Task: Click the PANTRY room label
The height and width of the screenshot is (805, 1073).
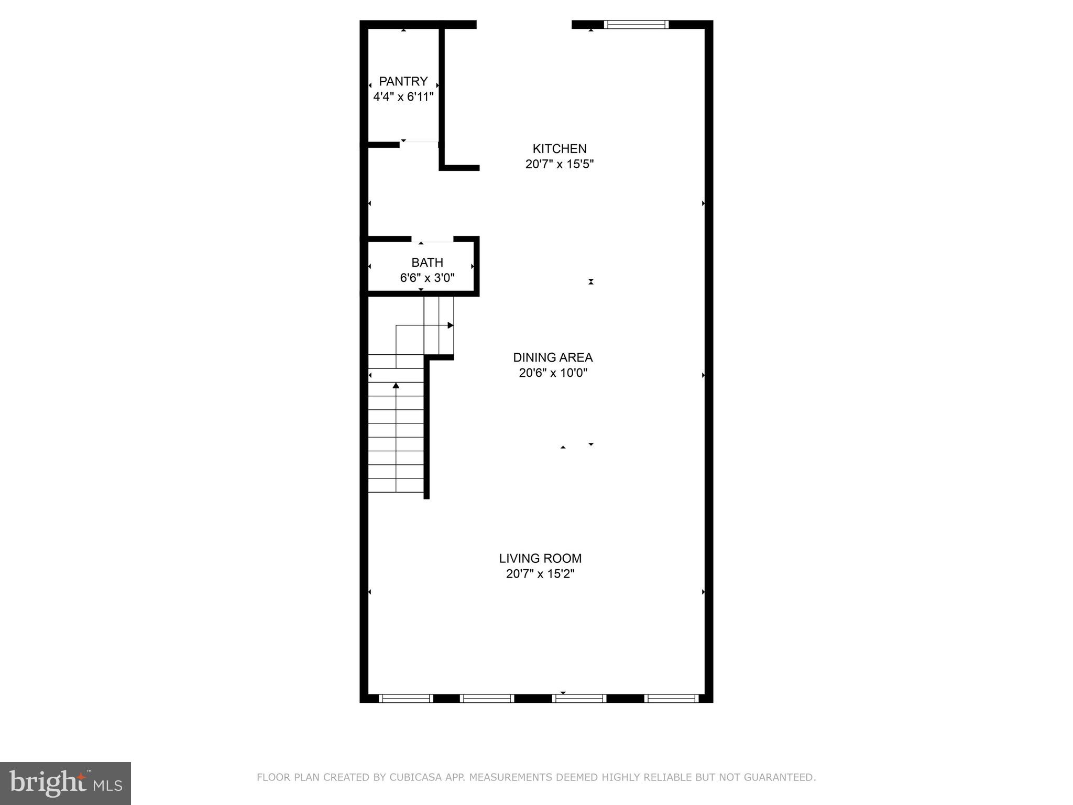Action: tap(403, 81)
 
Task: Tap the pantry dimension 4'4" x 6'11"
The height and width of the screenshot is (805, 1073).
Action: tap(403, 97)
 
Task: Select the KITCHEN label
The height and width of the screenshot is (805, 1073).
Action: tap(559, 149)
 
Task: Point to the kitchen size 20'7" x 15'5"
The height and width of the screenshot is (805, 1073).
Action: tap(559, 164)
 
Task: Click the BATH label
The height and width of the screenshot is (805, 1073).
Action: tap(427, 263)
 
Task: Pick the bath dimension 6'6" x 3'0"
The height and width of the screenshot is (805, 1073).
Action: tap(427, 278)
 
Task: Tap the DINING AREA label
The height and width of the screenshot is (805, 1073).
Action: tap(552, 357)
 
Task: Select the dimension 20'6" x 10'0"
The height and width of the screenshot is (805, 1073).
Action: tap(552, 373)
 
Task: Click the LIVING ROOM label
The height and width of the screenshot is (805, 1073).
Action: tap(540, 559)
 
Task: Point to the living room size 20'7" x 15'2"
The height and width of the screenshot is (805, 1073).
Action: tap(540, 574)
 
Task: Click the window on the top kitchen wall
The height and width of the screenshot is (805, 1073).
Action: tap(636, 24)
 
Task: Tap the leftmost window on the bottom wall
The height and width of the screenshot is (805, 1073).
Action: tap(405, 698)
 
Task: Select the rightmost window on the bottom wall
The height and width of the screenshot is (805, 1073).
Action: tap(671, 698)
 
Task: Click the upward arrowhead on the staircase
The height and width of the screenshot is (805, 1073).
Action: tap(396, 386)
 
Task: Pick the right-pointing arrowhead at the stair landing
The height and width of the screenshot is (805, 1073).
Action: tap(451, 325)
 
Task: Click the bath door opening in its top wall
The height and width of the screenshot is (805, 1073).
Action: tap(432, 240)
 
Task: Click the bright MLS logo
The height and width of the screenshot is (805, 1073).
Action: tap(65, 783)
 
